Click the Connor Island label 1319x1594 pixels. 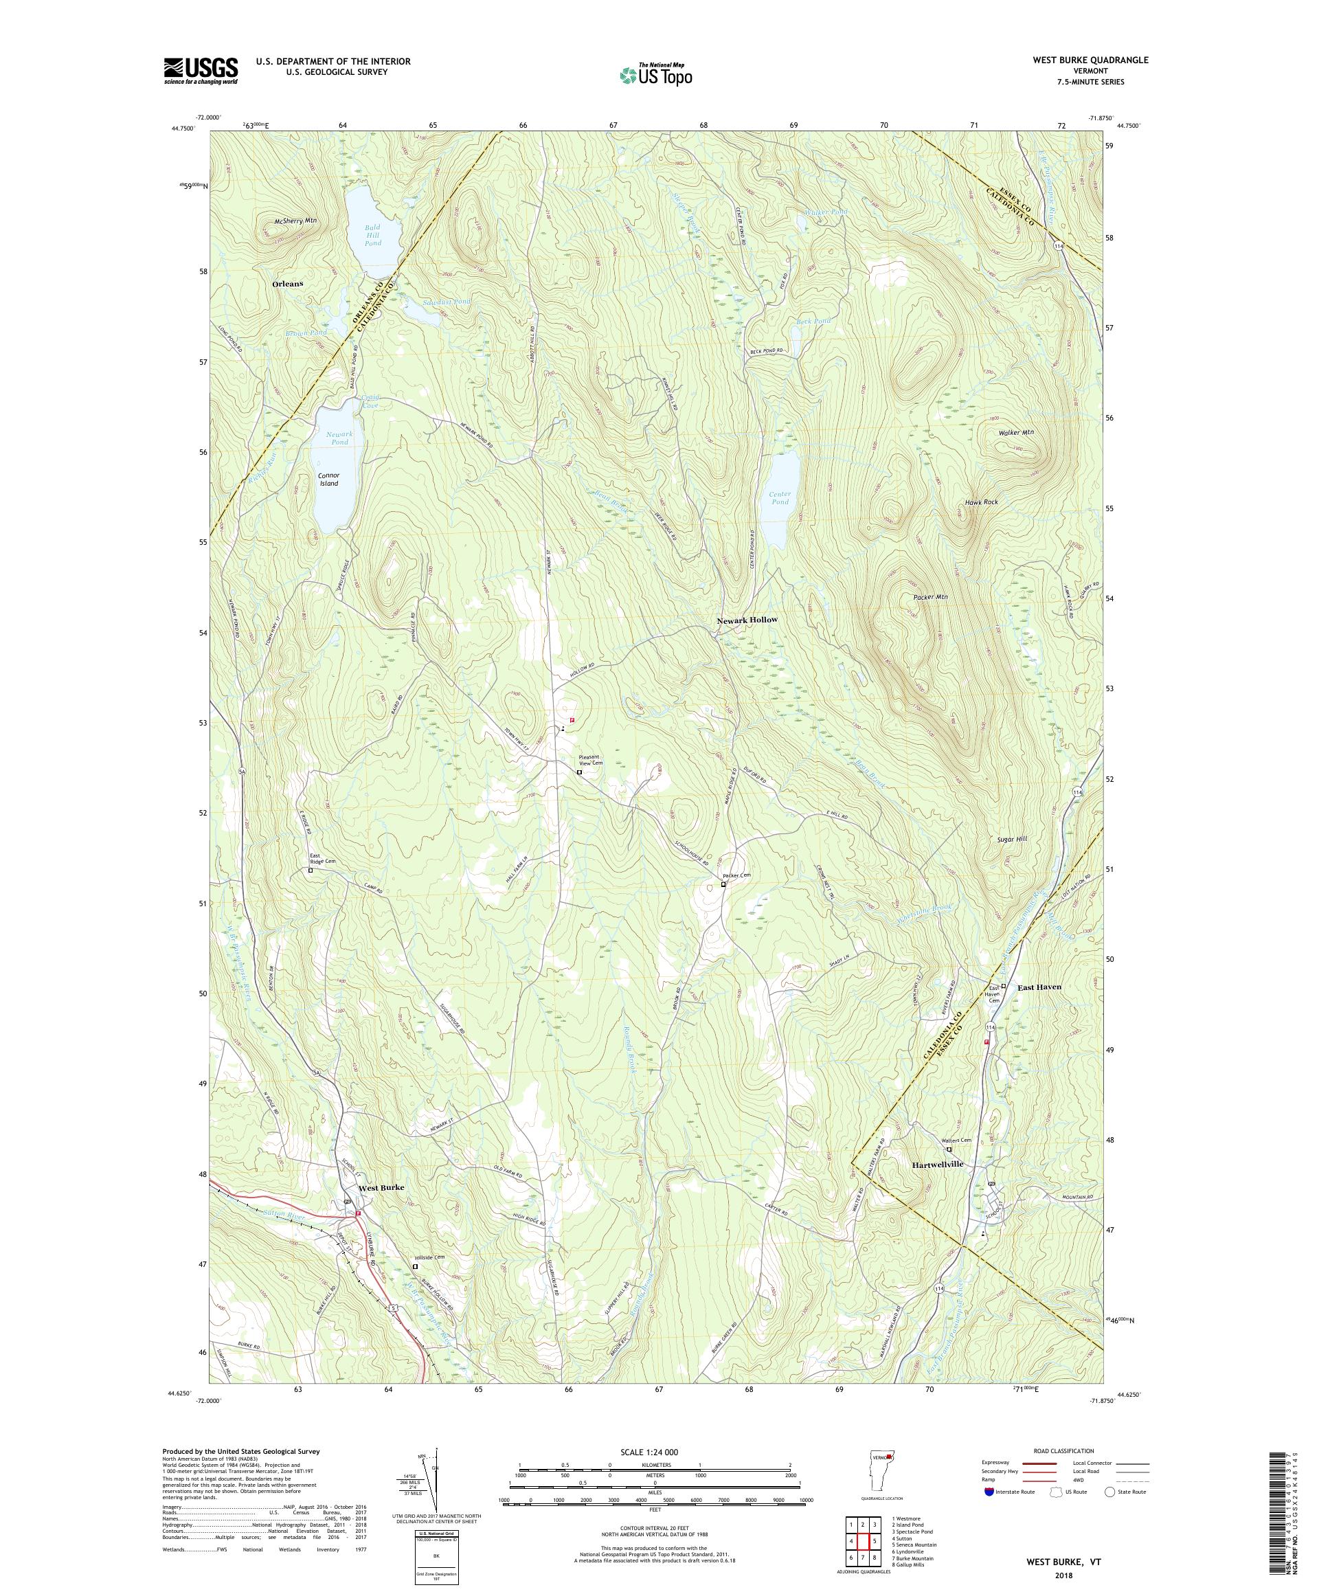click(328, 479)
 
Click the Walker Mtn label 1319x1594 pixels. click(1015, 432)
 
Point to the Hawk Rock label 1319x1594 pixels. click(980, 502)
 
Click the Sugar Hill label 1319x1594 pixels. click(1012, 840)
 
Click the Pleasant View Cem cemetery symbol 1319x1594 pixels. click(579, 773)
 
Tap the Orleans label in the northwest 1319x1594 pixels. click(287, 284)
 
